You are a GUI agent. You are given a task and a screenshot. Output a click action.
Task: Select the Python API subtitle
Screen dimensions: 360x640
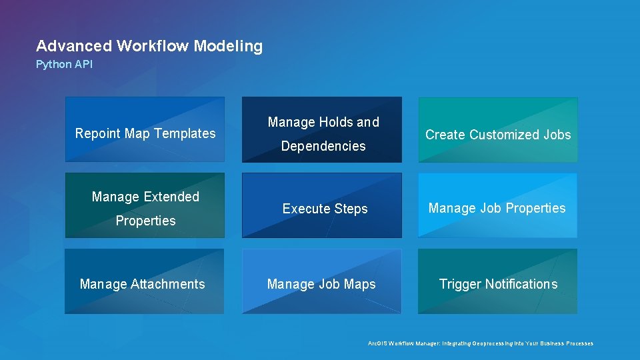tap(64, 65)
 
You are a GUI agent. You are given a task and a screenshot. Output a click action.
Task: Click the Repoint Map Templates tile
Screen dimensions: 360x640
tap(145, 130)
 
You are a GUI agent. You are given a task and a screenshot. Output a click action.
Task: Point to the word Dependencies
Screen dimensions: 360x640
tap(323, 146)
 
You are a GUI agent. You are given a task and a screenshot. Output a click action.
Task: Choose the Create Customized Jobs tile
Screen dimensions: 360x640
tap(498, 130)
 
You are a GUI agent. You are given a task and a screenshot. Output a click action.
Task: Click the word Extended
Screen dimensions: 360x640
tap(169, 197)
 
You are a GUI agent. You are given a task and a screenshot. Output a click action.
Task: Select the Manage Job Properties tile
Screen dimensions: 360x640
tap(497, 205)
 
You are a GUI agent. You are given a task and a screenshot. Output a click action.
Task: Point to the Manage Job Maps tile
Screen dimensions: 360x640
tap(321, 281)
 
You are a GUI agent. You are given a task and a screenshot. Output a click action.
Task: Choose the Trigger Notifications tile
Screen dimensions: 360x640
tap(498, 281)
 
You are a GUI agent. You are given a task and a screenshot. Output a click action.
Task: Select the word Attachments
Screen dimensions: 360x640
tap(168, 284)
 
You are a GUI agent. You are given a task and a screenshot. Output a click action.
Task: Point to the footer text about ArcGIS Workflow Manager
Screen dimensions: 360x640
tap(480, 343)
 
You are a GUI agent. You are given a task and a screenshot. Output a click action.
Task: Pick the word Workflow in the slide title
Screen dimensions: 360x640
tap(153, 46)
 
